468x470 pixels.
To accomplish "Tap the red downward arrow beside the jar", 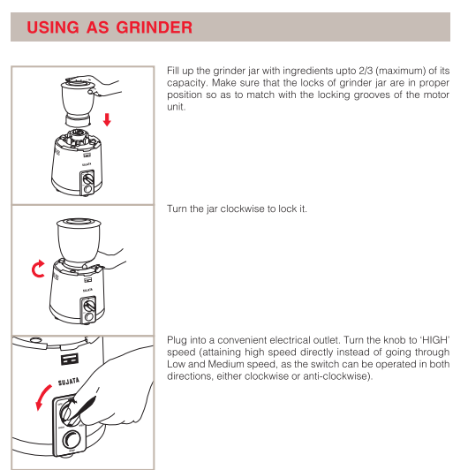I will (x=108, y=119).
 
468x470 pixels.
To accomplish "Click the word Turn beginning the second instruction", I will (x=177, y=209).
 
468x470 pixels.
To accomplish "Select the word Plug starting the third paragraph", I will (x=177, y=339).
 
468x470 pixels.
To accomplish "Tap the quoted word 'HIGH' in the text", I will (x=433, y=339).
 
